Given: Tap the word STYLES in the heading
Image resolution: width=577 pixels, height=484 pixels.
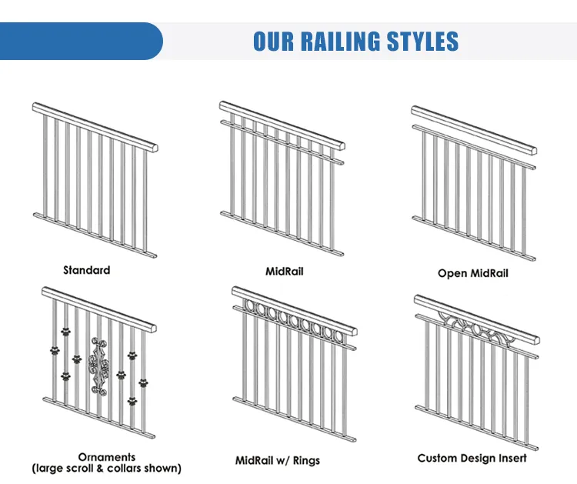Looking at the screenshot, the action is click(x=423, y=41).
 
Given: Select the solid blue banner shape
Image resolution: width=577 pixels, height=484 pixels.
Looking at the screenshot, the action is click(x=81, y=41).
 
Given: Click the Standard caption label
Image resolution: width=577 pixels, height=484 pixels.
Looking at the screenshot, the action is click(x=86, y=270).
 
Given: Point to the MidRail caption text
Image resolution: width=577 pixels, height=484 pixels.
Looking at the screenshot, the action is click(x=285, y=272).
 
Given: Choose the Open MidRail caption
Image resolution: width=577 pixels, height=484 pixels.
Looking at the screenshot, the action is click(x=473, y=273).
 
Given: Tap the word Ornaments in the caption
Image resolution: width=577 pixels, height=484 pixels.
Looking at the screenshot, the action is click(x=107, y=457).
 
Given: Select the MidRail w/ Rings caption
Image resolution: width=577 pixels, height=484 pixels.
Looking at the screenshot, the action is click(x=278, y=460).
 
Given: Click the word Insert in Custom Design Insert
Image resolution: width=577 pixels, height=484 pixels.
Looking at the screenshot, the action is click(x=512, y=459).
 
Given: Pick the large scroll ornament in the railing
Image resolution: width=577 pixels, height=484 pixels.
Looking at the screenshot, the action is click(x=98, y=366).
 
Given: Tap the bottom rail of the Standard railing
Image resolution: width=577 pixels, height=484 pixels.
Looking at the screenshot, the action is click(x=95, y=235).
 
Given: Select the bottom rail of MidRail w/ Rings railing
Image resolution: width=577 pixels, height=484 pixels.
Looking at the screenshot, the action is click(x=295, y=419).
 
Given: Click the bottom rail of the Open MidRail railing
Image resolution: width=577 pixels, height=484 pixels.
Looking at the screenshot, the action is click(x=474, y=238).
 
